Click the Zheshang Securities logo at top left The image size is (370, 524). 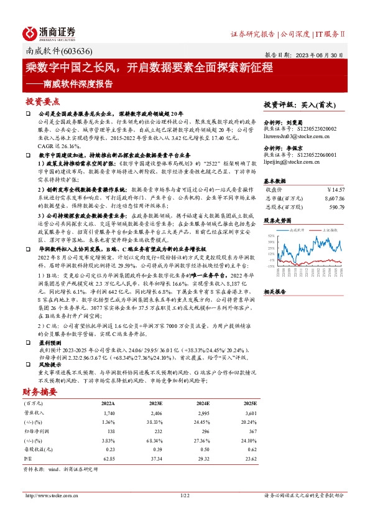coord(50,32)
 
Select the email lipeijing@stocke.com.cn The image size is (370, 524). coord(292,162)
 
